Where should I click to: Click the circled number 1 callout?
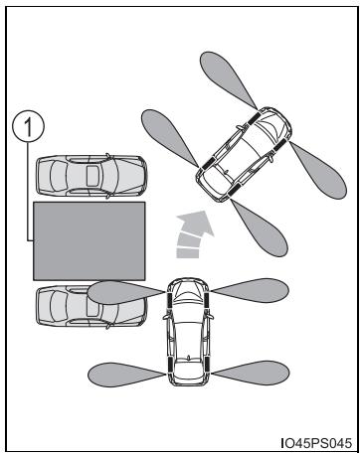click(x=28, y=127)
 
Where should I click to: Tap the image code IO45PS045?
click(x=316, y=443)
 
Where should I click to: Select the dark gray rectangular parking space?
click(x=90, y=241)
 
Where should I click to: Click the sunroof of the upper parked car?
click(x=92, y=176)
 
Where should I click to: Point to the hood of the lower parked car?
click(x=130, y=306)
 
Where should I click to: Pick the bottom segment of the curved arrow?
click(x=188, y=253)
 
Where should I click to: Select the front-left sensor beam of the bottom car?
click(x=125, y=292)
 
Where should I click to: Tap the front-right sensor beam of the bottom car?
click(x=251, y=290)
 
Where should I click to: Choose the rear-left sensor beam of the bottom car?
click(x=126, y=375)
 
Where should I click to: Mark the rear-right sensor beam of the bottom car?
click(x=251, y=374)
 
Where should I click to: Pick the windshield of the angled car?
click(x=270, y=130)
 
